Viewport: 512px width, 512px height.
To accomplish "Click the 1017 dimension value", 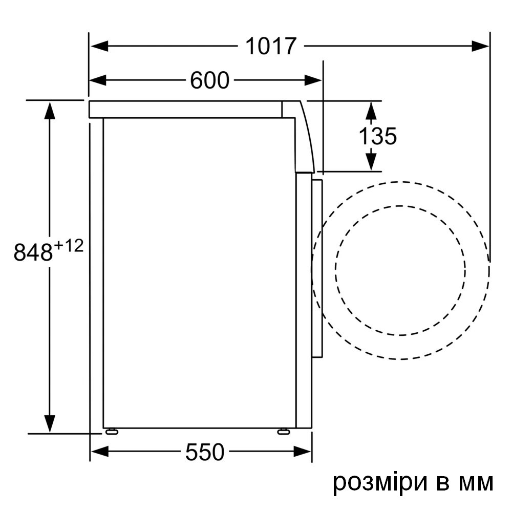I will [271, 46].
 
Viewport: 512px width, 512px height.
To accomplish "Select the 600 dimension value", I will [209, 80].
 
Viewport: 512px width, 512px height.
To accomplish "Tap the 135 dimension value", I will [377, 136].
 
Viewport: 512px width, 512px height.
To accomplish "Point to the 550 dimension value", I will [205, 452].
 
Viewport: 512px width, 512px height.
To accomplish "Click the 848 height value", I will [33, 253].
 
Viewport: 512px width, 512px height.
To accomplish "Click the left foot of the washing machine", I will [111, 432].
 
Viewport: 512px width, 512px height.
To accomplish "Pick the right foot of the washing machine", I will [283, 432].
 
